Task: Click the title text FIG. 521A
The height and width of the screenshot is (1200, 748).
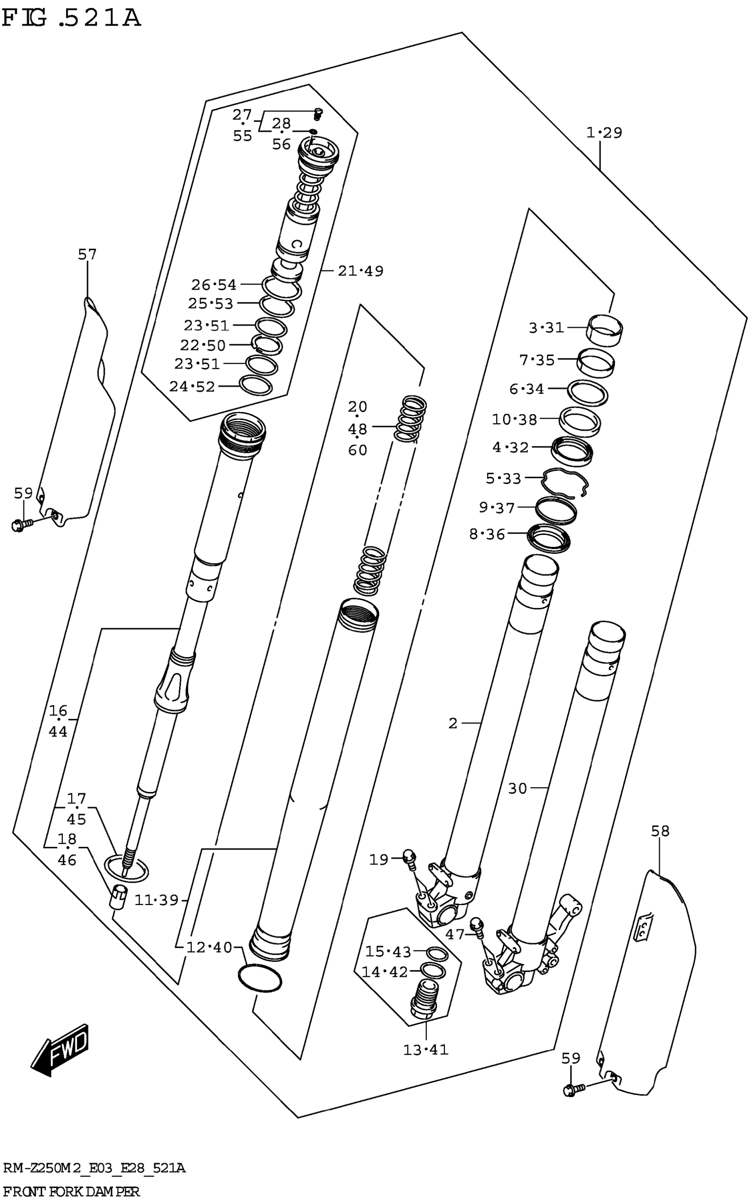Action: click(x=71, y=18)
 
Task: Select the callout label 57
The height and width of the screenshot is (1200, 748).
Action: click(x=87, y=254)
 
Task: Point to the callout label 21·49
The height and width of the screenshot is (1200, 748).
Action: click(x=361, y=271)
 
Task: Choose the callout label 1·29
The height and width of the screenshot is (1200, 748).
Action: click(x=604, y=133)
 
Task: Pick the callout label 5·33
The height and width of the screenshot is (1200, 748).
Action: click(x=503, y=479)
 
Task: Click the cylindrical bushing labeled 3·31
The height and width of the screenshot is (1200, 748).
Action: click(x=605, y=328)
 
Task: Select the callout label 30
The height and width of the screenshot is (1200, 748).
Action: click(x=517, y=788)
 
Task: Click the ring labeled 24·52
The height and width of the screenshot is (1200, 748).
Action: click(x=256, y=386)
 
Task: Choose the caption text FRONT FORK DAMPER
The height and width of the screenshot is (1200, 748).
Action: click(x=72, y=1191)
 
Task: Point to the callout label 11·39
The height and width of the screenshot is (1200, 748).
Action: click(x=156, y=900)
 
